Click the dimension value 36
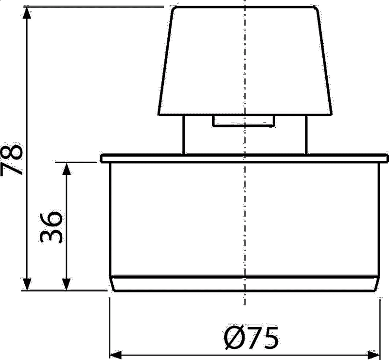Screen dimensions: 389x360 point(51,227)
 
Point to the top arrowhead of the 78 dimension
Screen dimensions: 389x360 point(27,13)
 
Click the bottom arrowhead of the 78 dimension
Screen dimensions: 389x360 point(27,284)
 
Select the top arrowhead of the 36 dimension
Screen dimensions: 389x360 point(66,169)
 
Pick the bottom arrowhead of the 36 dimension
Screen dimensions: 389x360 point(66,284)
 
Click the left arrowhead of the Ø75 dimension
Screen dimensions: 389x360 point(116,355)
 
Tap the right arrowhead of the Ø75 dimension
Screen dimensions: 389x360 point(374,355)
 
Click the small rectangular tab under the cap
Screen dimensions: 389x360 point(244,121)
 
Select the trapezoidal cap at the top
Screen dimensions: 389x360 point(245,61)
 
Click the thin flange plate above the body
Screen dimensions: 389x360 point(244,158)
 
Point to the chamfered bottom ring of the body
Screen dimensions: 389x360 point(245,283)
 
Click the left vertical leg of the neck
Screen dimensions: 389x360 point(184,135)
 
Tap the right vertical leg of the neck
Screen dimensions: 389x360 point(306,135)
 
